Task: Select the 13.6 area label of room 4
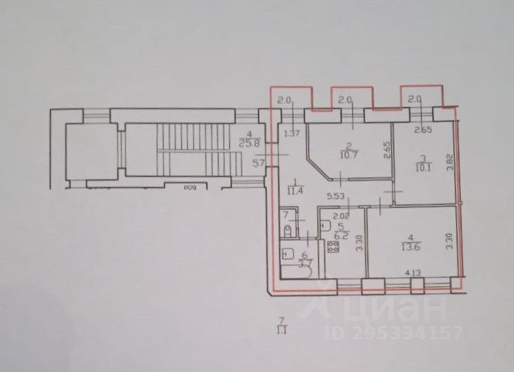[405, 248]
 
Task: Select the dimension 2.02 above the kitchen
[330, 217]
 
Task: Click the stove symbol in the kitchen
[333, 247]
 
